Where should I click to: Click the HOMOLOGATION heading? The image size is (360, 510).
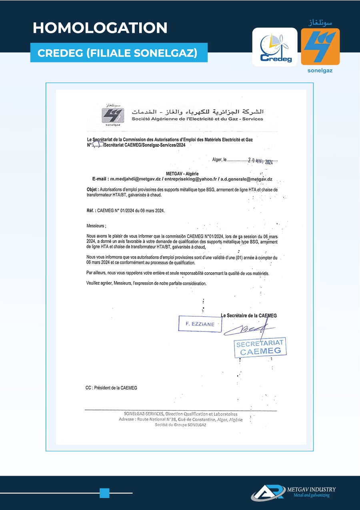100,28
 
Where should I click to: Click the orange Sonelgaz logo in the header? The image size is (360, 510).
320,46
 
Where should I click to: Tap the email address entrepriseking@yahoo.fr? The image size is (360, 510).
190,179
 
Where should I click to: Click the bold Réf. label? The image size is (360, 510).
91,210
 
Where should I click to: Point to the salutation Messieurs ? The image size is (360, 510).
96,226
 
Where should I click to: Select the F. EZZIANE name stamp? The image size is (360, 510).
200,324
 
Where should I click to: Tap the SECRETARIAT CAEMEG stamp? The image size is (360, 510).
260,347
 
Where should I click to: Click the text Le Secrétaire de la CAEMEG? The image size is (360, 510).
249,315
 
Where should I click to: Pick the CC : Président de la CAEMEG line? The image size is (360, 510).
111,388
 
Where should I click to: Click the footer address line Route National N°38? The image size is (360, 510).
180,420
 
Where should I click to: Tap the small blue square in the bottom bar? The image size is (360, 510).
104,493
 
